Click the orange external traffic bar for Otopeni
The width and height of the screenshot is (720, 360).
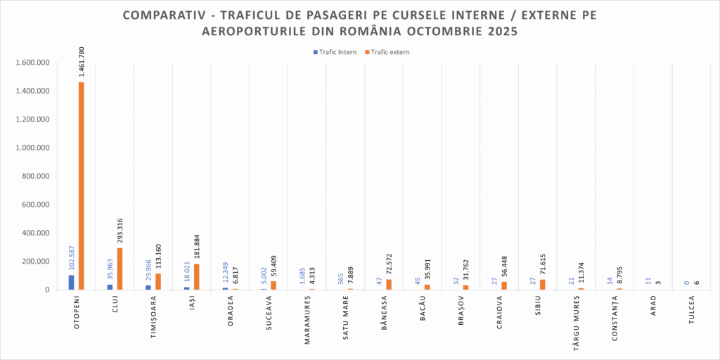pos(82,186)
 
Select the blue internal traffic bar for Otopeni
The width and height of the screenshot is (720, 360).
pos(71,282)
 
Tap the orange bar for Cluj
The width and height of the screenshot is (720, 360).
pos(120,269)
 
